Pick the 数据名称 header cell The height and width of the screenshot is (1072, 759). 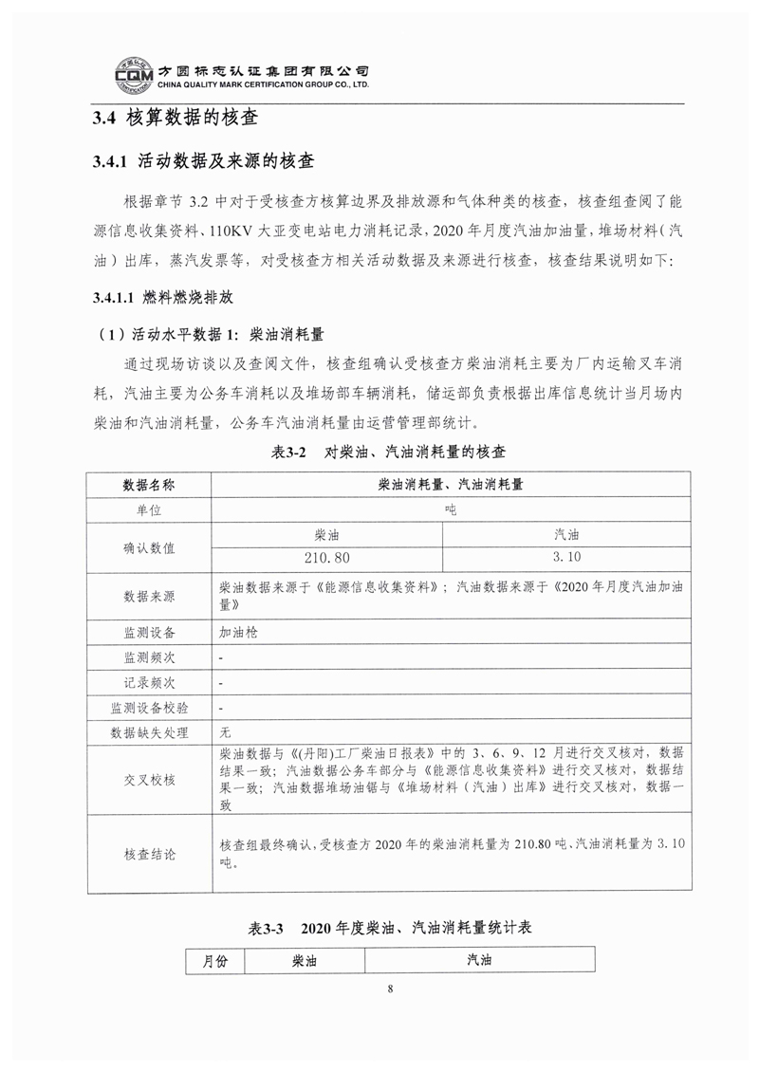149,484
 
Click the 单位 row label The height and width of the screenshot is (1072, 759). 149,509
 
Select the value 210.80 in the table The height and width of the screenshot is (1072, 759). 327,558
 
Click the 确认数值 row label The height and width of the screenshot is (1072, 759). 149,546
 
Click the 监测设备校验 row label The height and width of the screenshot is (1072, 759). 149,707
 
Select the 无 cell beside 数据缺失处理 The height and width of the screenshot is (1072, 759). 225,732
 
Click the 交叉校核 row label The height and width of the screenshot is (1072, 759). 149,779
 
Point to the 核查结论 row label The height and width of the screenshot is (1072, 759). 149,854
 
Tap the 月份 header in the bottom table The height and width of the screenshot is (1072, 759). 215,960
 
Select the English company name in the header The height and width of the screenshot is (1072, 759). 255,83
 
